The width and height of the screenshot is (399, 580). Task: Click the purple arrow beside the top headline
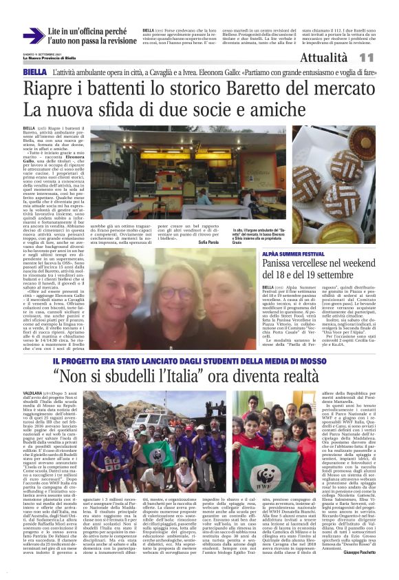33,37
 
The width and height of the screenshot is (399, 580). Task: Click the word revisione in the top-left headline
112,41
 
